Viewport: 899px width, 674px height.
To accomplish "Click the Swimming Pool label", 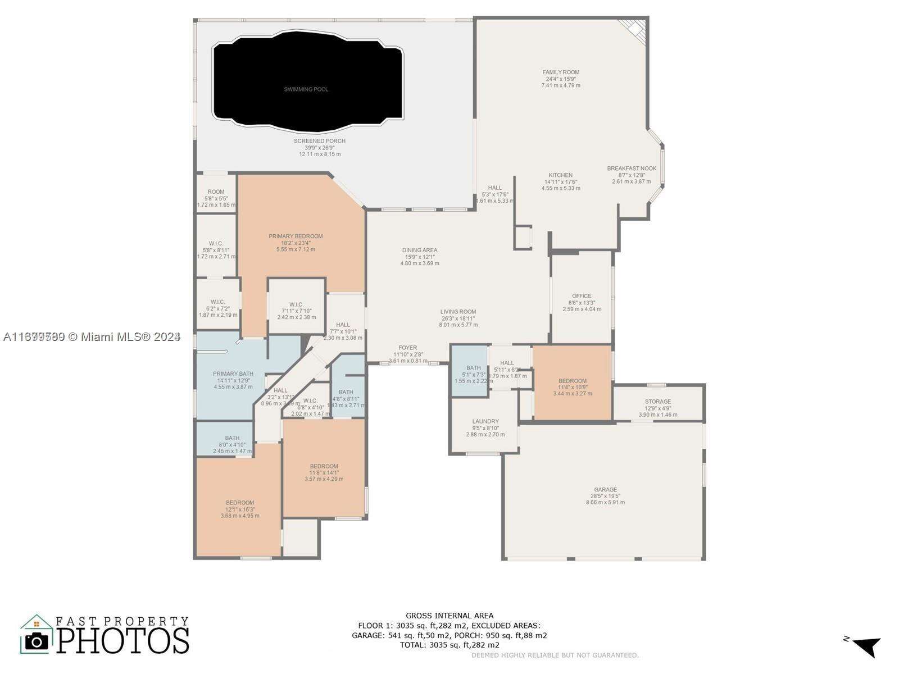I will (x=306, y=89).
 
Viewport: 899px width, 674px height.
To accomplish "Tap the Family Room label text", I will (x=561, y=72).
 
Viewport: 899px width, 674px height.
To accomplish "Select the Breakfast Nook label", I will (x=632, y=168).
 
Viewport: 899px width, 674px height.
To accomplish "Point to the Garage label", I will (x=605, y=490).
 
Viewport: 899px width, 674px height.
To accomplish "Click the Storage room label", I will (x=658, y=402).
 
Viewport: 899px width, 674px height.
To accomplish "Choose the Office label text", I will (x=582, y=296).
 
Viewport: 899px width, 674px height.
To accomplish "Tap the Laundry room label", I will (x=485, y=421).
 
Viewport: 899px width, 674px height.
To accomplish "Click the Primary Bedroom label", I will (x=296, y=236).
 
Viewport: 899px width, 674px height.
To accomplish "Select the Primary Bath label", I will (x=233, y=374).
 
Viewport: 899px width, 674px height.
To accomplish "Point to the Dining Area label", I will (x=420, y=251).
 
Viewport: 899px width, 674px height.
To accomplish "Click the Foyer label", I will (x=408, y=348).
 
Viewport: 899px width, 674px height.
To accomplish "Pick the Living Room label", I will (x=458, y=312).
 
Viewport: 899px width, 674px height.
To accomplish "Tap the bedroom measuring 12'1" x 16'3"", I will (x=240, y=503).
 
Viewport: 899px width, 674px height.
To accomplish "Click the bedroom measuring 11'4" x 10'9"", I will (x=572, y=381).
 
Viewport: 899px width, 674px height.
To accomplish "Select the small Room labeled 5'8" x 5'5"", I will (x=216, y=192).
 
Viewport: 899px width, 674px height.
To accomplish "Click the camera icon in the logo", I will (x=37, y=641).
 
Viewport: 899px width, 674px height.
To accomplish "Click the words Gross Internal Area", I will (x=449, y=616).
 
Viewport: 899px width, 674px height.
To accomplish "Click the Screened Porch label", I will (x=320, y=141).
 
